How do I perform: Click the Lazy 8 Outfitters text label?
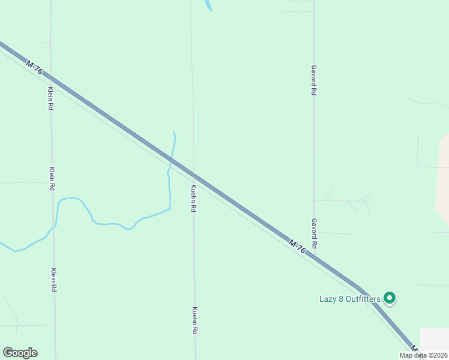pyautogui.click(x=349, y=298)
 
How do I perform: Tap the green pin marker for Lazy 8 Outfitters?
pyautogui.click(x=390, y=298)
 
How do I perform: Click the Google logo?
pyautogui.click(x=20, y=353)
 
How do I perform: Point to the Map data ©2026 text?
pyautogui.click(x=423, y=355)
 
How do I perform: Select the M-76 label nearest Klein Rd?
pyautogui.click(x=35, y=67)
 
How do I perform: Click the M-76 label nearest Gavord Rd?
pyautogui.click(x=297, y=247)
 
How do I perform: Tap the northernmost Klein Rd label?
pyautogui.click(x=51, y=97)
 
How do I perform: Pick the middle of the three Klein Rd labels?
pyautogui.click(x=53, y=178)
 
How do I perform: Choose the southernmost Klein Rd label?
pyautogui.click(x=54, y=280)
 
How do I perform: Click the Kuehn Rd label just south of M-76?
pyautogui.click(x=194, y=199)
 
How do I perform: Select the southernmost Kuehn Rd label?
pyautogui.click(x=195, y=320)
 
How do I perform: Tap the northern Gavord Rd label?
pyautogui.click(x=313, y=80)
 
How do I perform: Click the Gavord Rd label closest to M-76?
pyautogui.click(x=314, y=233)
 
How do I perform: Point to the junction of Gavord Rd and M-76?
pyautogui.click(x=314, y=258)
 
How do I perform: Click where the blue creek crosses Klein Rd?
pyautogui.click(x=55, y=226)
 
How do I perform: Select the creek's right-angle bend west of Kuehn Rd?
pyautogui.click(x=170, y=209)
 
